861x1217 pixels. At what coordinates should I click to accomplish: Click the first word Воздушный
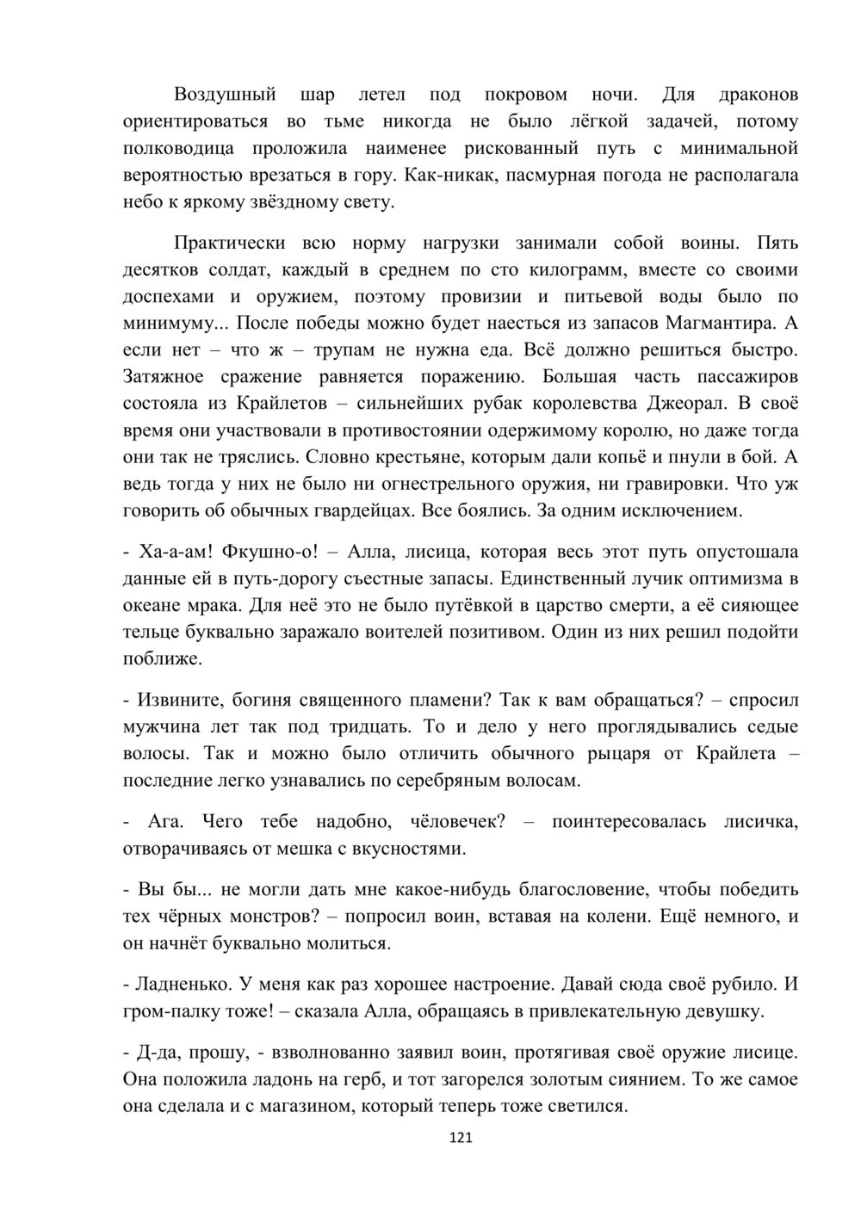[225, 95]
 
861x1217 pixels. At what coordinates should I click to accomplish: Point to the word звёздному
[264, 203]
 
